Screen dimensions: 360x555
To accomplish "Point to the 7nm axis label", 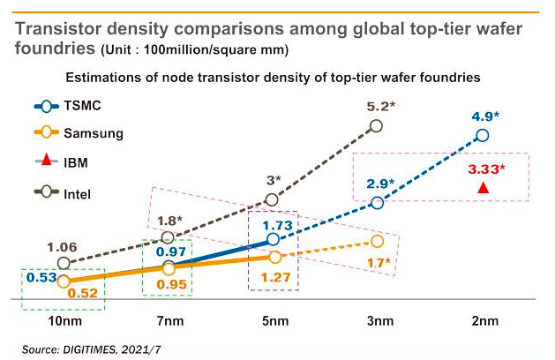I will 169,322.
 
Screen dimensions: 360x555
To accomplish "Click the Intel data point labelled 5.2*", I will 378,125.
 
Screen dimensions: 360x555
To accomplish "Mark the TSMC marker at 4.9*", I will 482,135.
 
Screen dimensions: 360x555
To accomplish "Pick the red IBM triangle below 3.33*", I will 482,188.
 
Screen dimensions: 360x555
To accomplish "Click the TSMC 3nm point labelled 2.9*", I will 378,203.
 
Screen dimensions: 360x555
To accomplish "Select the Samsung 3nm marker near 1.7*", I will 378,241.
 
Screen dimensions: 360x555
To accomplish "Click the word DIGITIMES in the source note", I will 90,349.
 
